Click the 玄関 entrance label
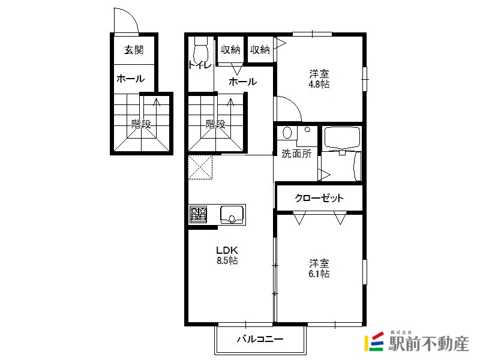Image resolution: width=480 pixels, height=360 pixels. pos(134,50)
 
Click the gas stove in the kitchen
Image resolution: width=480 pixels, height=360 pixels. pos(199,214)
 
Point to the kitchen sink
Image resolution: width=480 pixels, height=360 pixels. pos(232,214)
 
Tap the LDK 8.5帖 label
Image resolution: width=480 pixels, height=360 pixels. pos(227,255)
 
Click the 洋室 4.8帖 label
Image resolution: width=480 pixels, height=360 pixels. pos(319,79)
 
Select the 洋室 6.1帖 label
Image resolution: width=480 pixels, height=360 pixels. pos(319,268)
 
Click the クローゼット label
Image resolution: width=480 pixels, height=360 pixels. pos(319,198)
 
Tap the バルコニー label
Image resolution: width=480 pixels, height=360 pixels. pos(260,339)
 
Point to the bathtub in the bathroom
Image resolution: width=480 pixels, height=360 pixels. pos(342,138)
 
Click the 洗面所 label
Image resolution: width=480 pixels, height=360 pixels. pos(296,154)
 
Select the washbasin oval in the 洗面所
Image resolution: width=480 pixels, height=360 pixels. pos(287,133)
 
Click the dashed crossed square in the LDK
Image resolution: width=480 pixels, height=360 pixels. pos(200,167)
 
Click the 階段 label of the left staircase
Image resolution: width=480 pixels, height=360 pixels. pos(141,124)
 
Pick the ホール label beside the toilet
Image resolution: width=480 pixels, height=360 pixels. pos(243,82)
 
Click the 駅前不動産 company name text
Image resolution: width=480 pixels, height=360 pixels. pos(428,344)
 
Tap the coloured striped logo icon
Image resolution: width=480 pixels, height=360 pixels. pos(374,341)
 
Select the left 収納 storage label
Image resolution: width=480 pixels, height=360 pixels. pos(230,50)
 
